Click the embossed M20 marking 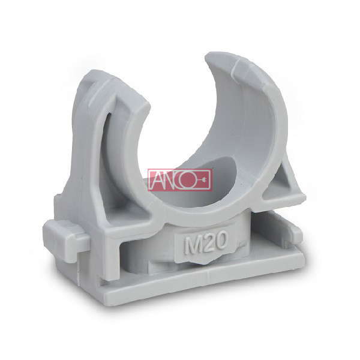[x=206, y=242]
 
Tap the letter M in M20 [x=191, y=245]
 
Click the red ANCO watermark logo [x=180, y=180]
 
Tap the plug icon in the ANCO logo [x=203, y=180]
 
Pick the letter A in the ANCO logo [x=156, y=180]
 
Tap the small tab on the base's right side [x=296, y=231]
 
